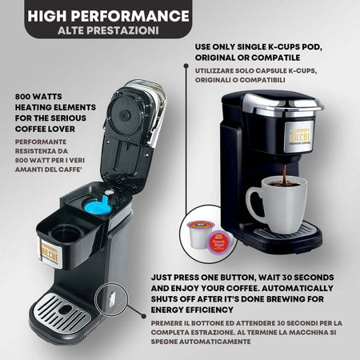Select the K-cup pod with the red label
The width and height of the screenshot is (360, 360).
coord(220,239)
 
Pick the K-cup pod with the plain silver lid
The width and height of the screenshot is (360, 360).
coord(197,233)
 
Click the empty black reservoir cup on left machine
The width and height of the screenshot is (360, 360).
coord(66,233)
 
